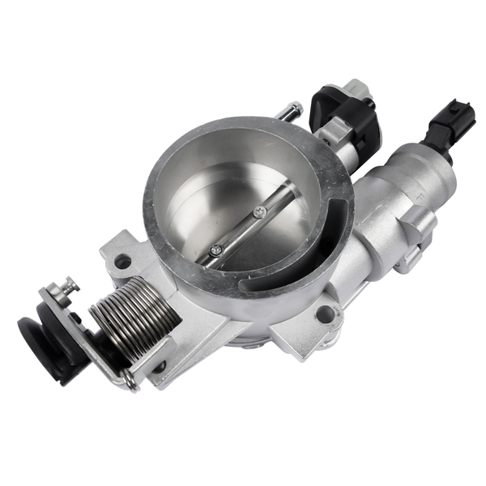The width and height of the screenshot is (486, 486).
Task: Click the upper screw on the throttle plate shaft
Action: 258,212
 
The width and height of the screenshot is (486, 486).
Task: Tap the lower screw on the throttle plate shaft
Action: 216,250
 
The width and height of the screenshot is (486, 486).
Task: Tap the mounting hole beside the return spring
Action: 123,262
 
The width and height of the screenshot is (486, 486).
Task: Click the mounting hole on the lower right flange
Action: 325,315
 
